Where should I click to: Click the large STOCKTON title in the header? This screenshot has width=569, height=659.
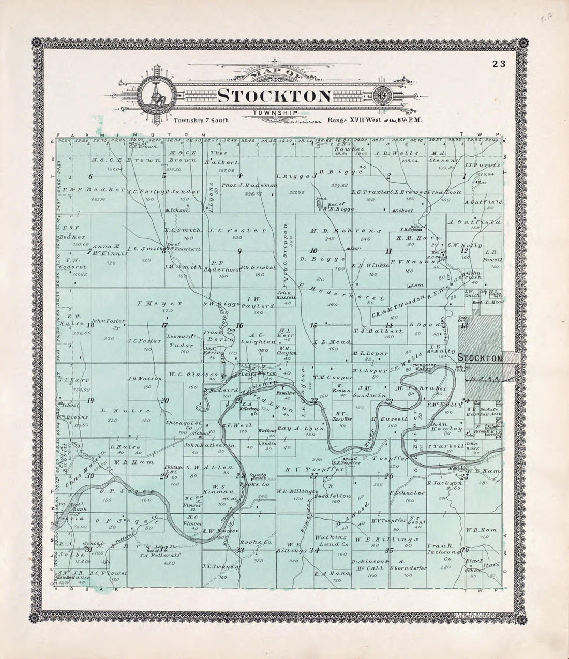click(274, 96)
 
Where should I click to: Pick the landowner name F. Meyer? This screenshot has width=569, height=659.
click(152, 303)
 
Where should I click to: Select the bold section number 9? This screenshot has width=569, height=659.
click(239, 251)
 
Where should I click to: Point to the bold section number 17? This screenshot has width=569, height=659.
click(164, 325)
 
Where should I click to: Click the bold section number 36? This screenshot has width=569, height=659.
click(464, 549)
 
